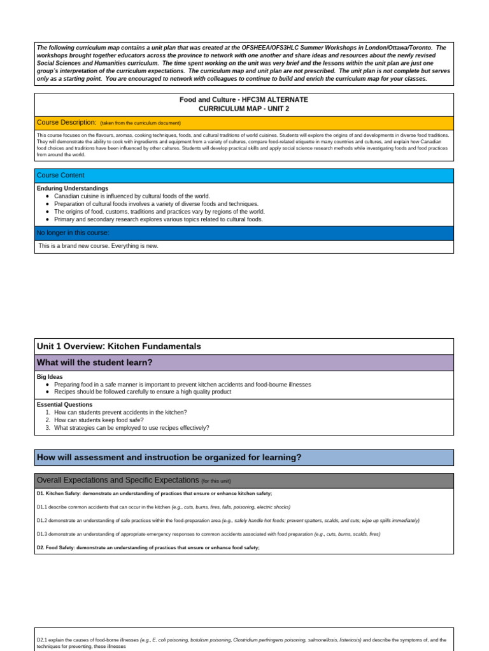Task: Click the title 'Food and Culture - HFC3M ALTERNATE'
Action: (x=244, y=100)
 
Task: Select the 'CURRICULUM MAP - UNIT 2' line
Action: (x=244, y=109)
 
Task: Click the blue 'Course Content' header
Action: (x=60, y=175)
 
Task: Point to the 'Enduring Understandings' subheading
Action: (x=73, y=189)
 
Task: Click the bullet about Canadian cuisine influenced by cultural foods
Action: (x=132, y=196)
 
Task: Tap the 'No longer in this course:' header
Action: (x=73, y=233)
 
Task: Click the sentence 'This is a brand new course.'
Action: (x=99, y=246)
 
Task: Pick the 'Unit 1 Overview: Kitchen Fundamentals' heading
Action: (x=119, y=346)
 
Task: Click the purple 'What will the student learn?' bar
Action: (x=95, y=362)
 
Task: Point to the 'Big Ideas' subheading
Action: (x=50, y=377)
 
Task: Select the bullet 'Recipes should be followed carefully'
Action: (x=143, y=392)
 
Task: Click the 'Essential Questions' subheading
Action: (x=64, y=405)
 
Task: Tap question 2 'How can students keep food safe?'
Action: (x=99, y=420)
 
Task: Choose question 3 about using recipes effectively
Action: (x=131, y=428)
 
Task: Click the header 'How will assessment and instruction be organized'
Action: (x=169, y=457)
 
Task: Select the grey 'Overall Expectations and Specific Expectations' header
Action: (x=118, y=481)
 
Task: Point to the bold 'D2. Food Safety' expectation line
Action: (x=148, y=547)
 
